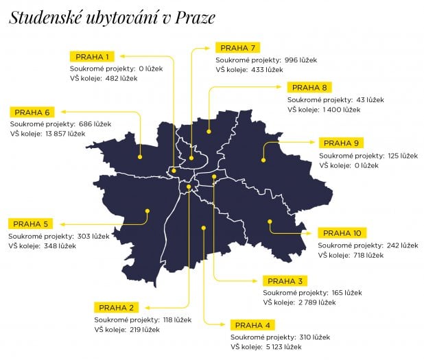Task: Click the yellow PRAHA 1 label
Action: pyautogui.click(x=93, y=56)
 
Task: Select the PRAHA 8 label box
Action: pyautogui.click(x=310, y=87)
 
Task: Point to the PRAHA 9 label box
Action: pyautogui.click(x=341, y=143)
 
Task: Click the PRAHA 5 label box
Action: pyautogui.click(x=31, y=224)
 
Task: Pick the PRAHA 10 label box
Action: pyautogui.click(x=340, y=232)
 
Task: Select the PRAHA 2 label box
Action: pyautogui.click(x=115, y=307)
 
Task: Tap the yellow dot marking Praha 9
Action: pyautogui.click(x=263, y=160)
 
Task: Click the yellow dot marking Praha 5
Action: pyautogui.click(x=147, y=212)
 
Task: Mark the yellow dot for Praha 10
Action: pyautogui.click(x=270, y=221)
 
